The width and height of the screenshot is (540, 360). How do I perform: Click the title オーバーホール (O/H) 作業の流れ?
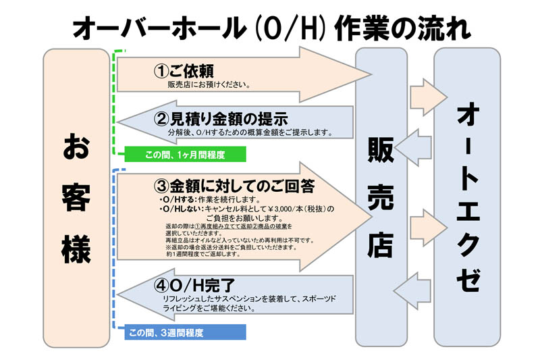[x=272, y=29]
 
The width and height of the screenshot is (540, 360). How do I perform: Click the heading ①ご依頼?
[x=184, y=72]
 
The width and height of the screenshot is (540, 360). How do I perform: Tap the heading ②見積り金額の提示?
[x=221, y=119]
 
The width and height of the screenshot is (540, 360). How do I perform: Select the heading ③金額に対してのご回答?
[x=234, y=186]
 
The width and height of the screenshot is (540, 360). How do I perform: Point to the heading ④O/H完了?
[x=194, y=285]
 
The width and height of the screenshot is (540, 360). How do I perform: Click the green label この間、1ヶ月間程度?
[x=185, y=155]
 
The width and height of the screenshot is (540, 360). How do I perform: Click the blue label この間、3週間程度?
[x=166, y=333]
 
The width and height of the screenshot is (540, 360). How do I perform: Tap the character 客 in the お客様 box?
[x=76, y=197]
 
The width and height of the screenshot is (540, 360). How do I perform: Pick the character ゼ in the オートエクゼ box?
[x=468, y=279]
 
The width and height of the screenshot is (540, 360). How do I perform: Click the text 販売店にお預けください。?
[x=209, y=84]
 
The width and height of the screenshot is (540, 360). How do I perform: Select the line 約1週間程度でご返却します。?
[x=203, y=254]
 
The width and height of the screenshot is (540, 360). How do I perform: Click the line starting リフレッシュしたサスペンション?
[x=250, y=299]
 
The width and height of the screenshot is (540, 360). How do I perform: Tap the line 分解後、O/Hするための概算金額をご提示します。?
[x=250, y=132]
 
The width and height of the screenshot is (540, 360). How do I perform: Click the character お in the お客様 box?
[x=76, y=147]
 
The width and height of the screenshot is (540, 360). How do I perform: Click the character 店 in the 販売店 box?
[x=381, y=245]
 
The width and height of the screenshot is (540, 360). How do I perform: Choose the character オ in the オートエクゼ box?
[x=468, y=115]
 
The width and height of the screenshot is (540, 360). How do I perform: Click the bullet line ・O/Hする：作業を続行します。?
[x=210, y=200]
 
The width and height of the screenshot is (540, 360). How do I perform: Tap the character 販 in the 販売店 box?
[x=381, y=150]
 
